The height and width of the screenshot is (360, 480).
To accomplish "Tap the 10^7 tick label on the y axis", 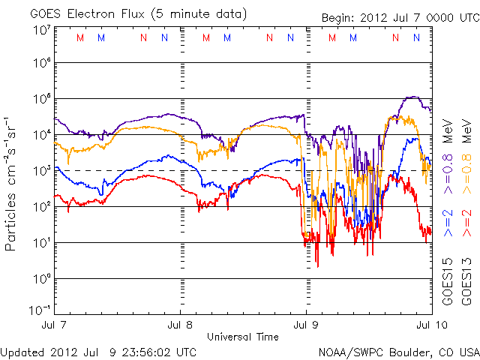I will (42, 29).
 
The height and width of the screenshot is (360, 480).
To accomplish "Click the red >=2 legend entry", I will (466, 223).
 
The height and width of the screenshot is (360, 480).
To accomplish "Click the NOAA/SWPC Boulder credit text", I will (397, 352).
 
